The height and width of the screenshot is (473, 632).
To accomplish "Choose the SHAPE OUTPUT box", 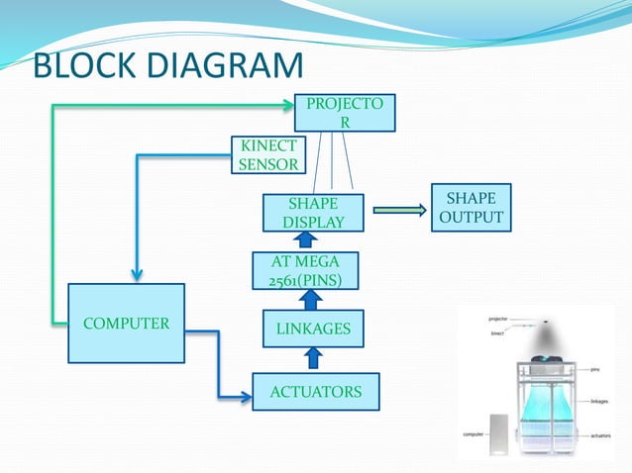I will (x=471, y=207).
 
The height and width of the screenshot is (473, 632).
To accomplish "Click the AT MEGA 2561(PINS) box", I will (x=305, y=270).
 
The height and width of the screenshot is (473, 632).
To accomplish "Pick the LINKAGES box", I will (x=312, y=328).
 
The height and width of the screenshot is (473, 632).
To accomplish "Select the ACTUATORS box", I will (x=316, y=392).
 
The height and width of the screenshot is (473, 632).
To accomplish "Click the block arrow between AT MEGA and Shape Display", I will (x=306, y=240).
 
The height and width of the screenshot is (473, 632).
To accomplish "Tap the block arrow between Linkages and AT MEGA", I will (x=306, y=299).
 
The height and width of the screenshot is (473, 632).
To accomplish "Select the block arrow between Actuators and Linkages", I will (x=306, y=360).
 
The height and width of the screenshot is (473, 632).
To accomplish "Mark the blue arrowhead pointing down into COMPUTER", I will (x=138, y=275).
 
